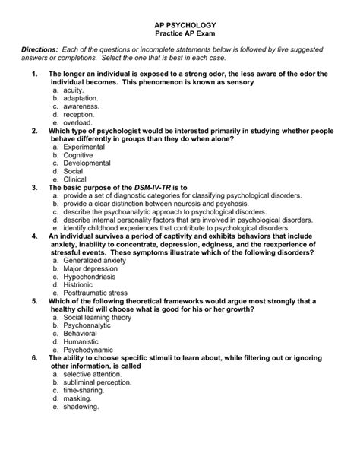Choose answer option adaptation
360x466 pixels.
pyautogui.click(x=82, y=99)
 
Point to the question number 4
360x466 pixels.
pyautogui.click(x=35, y=236)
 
